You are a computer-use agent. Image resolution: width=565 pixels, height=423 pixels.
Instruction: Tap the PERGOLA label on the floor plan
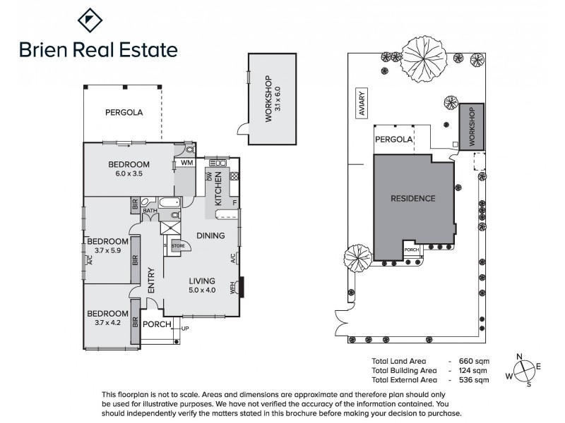point(124,112)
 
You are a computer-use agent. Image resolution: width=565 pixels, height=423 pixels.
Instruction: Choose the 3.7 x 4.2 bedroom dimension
point(107,323)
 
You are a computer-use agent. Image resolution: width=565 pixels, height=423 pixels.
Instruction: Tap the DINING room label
point(210,235)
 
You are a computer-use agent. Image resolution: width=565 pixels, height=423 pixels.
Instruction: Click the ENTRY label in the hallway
point(151,281)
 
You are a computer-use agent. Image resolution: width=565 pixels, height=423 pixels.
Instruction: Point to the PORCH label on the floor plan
point(157,325)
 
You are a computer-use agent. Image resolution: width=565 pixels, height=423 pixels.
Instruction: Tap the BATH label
point(150,210)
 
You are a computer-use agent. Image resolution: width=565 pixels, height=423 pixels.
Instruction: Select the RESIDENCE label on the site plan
point(413,198)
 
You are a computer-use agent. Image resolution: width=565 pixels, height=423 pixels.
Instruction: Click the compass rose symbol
point(523,369)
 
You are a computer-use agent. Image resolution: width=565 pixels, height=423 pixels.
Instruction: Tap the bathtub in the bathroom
point(170,204)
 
